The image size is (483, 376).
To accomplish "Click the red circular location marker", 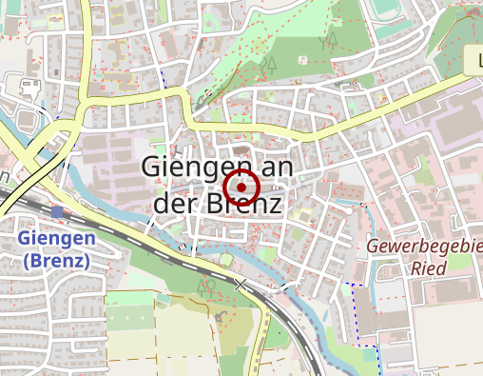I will [241, 188].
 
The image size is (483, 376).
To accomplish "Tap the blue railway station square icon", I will [58, 211].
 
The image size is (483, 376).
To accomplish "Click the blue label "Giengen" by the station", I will [56, 238].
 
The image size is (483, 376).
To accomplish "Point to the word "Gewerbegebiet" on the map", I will [424, 247].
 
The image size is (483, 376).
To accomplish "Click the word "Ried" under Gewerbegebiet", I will [429, 267].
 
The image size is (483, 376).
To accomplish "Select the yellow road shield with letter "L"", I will [474, 63].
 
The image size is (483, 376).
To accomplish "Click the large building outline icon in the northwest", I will [29, 90].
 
